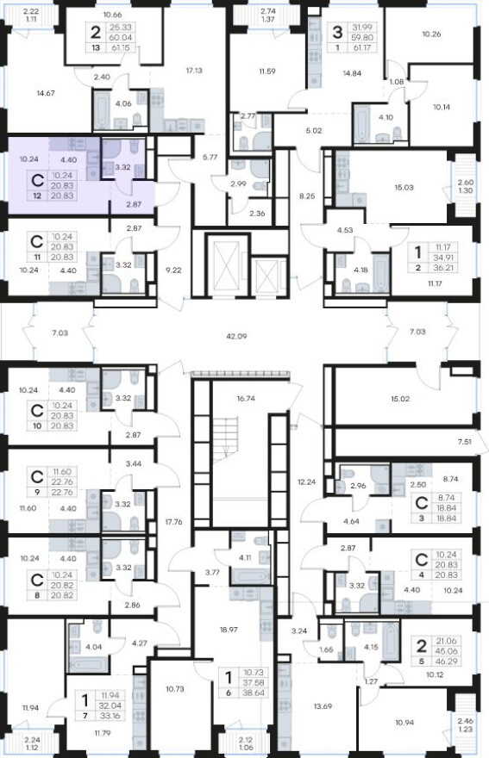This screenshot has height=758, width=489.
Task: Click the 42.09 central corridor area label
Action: click(x=236, y=336)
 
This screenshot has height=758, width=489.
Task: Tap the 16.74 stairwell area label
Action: click(x=246, y=399)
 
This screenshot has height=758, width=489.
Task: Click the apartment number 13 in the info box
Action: click(x=96, y=48)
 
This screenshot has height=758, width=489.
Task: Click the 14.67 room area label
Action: click(x=46, y=93)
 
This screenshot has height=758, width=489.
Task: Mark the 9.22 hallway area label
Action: click(x=172, y=270)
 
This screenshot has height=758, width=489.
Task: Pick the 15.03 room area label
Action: click(x=404, y=187)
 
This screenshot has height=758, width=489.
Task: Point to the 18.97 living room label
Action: click(x=229, y=630)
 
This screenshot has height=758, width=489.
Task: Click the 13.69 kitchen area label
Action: click(x=323, y=706)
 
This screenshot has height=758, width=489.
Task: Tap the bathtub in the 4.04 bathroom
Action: click(x=89, y=662)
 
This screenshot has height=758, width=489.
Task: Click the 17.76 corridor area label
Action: click(x=173, y=522)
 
